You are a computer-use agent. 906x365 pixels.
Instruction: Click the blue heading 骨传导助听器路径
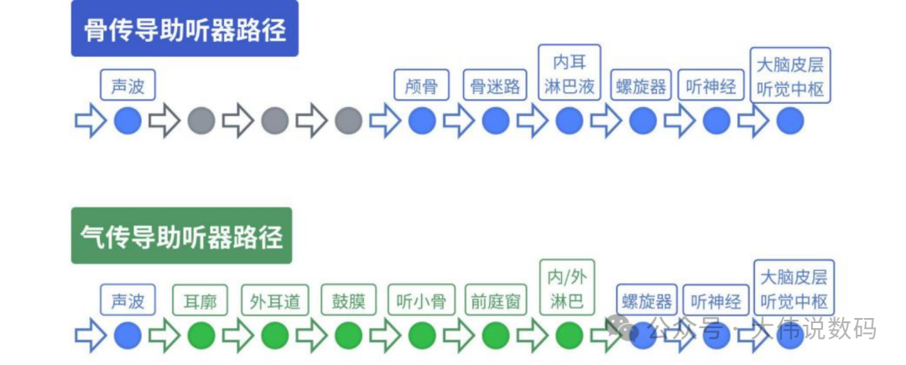[185, 30]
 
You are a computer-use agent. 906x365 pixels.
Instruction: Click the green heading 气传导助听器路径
[181, 236]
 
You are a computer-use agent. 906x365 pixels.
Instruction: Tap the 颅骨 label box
[421, 86]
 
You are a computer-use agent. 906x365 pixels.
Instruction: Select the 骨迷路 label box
[495, 86]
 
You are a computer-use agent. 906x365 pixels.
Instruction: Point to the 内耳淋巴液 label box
[569, 73]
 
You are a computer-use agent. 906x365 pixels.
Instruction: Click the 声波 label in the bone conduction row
[128, 86]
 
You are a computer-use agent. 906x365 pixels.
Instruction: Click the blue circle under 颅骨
[422, 121]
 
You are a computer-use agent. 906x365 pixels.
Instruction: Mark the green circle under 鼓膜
[348, 336]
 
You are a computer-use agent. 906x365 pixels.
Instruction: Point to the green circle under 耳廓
[201, 336]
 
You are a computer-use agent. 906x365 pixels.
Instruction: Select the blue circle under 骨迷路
[495, 121]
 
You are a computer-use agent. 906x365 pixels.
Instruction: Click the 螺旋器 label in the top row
[642, 86]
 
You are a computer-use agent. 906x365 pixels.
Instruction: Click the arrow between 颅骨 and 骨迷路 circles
[459, 121]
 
